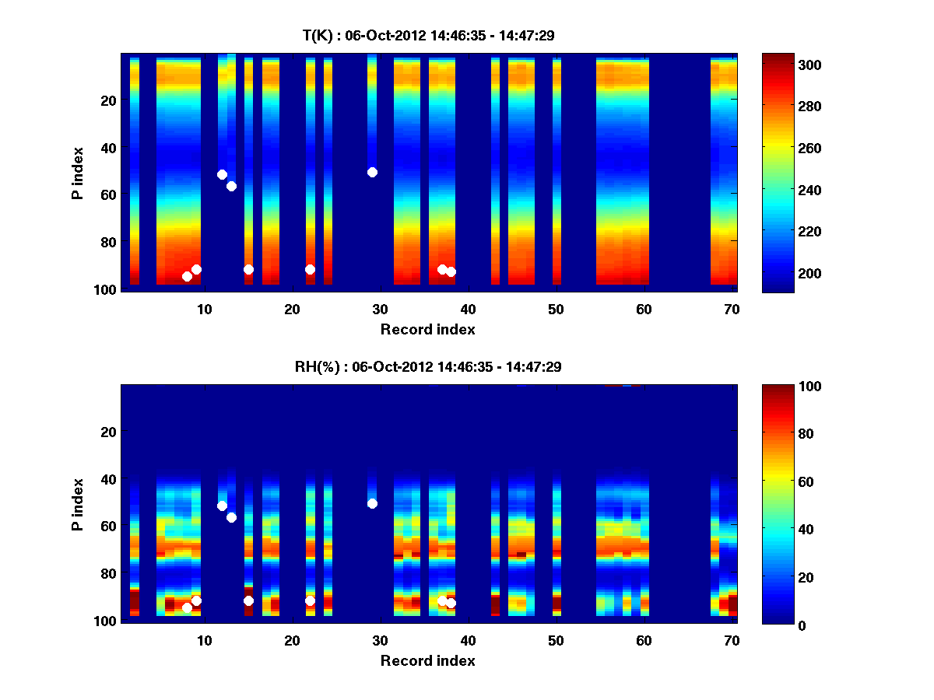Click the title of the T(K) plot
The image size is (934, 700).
(428, 35)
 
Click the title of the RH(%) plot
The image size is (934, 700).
(428, 367)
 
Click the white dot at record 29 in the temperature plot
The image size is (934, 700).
(372, 172)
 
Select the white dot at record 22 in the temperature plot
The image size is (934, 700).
(310, 269)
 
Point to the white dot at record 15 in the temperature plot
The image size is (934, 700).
(248, 269)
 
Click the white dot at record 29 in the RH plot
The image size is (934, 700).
(372, 503)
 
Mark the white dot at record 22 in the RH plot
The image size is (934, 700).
(310, 600)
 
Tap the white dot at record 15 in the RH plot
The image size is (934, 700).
(248, 600)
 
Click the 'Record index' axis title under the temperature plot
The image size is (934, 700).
(428, 330)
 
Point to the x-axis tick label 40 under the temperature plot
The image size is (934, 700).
(468, 309)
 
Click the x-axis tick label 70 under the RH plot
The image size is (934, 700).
(732, 640)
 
